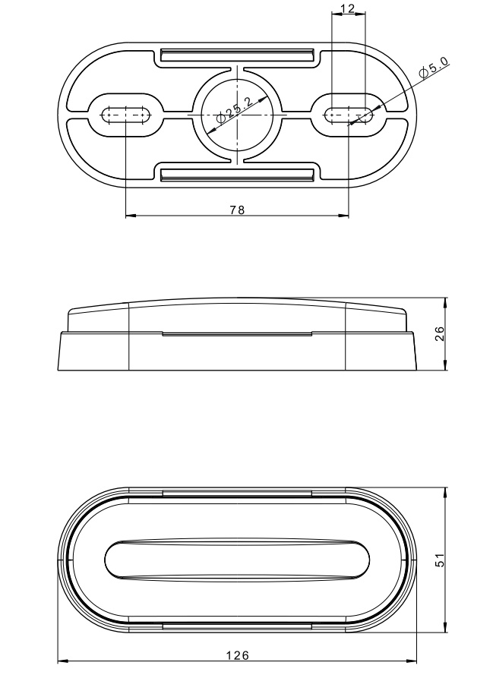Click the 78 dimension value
[x=237, y=210]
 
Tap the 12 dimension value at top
[x=347, y=8]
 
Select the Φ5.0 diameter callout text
[x=434, y=67]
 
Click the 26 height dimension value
[x=439, y=333]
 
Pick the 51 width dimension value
[x=439, y=560]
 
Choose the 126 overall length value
[x=238, y=655]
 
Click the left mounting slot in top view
[x=126, y=115]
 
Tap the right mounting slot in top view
[x=349, y=115]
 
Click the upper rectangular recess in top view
[x=237, y=55]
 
